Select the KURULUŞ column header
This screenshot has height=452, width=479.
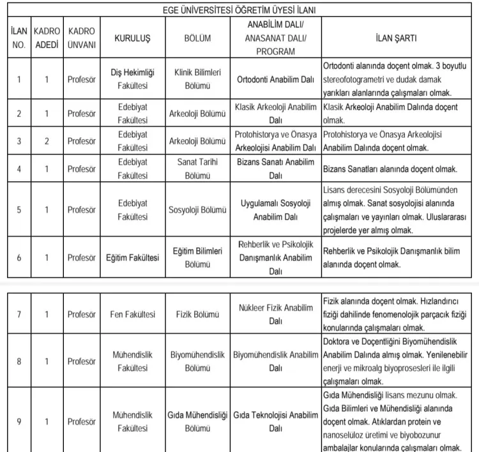tap(132, 38)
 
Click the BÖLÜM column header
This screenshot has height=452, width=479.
tap(197, 38)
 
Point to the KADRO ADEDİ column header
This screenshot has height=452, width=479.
tap(47, 38)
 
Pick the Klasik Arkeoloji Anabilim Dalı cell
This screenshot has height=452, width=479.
tap(275, 113)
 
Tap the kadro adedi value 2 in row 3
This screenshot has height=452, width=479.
tap(47, 140)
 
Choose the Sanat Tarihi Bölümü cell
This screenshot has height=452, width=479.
tap(197, 168)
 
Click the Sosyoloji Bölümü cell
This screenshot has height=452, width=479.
tap(197, 209)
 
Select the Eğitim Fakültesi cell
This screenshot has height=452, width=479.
tap(132, 257)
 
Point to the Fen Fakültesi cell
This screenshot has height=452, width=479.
tap(132, 314)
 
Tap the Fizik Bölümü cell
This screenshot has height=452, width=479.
tap(197, 314)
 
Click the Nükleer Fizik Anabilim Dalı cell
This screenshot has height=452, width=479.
tap(275, 314)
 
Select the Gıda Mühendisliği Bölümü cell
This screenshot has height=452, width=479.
tap(197, 421)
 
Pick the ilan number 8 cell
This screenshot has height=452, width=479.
tap(19, 361)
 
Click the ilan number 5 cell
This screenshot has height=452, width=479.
tap(19, 209)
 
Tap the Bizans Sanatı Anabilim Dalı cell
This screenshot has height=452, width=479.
tap(275, 168)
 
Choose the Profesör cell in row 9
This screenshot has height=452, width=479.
tap(82, 421)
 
